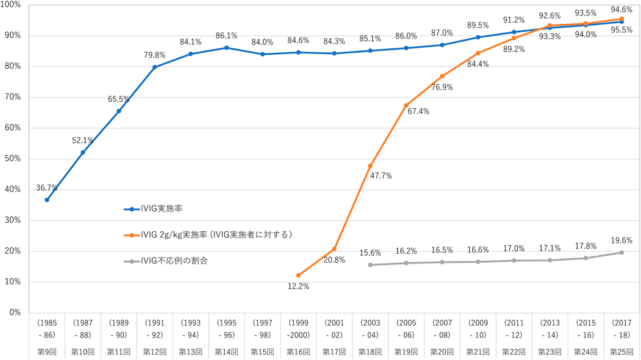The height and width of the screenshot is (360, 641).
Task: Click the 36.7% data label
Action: tap(47, 188)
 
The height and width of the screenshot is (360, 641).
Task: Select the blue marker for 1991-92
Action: tap(155, 67)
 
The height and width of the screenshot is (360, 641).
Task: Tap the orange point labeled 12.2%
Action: tap(298, 275)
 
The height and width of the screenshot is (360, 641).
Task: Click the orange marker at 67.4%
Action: tap(406, 105)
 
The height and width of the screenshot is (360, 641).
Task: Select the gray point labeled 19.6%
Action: tap(621, 252)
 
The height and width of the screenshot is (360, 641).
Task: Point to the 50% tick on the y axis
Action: tap(13, 158)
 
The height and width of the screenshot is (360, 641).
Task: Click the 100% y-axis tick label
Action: tap(11, 5)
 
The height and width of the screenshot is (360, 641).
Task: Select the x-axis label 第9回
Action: tap(47, 352)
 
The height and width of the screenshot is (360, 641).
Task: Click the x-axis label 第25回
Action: tap(621, 352)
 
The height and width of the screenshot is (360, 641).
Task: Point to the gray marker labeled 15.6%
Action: tap(370, 265)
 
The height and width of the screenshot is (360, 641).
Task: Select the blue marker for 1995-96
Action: tap(226, 48)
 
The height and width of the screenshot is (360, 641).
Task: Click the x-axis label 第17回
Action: tap(334, 352)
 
